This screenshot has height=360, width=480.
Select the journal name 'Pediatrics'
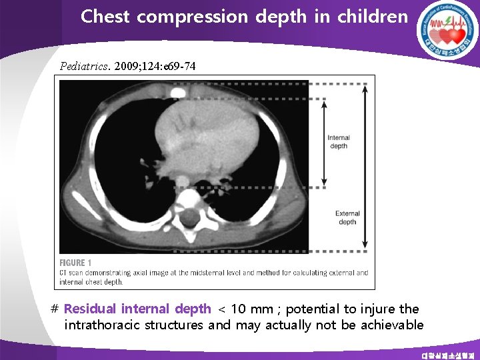(85, 67)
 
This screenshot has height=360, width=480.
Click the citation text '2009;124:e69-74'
(155, 67)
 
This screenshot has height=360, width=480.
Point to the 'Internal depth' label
(339, 142)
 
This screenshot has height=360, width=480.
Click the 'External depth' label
(347, 218)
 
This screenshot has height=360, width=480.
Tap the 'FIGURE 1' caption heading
(75, 263)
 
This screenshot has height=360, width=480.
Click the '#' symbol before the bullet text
(55, 309)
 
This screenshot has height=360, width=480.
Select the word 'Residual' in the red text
(90, 309)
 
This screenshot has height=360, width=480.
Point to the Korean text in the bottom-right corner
(449, 355)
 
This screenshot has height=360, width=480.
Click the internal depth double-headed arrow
(325, 142)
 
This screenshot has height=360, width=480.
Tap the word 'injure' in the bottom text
(377, 309)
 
